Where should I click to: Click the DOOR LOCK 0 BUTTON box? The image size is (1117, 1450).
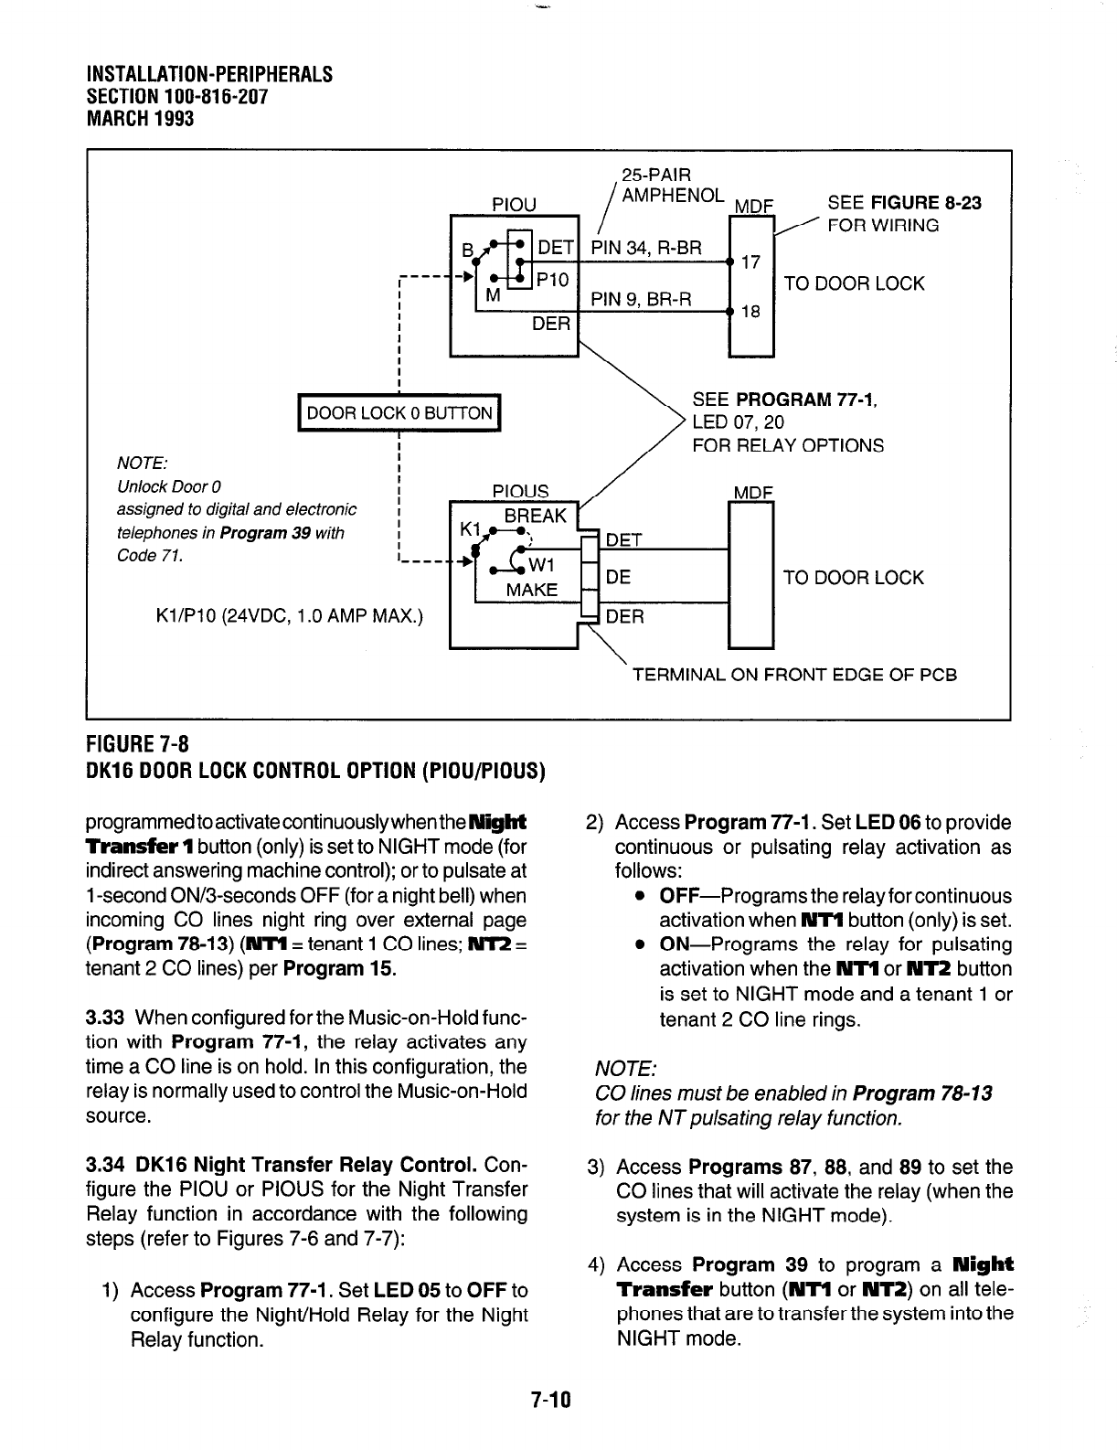pos(399,413)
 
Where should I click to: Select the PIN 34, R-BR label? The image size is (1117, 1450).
pos(647,248)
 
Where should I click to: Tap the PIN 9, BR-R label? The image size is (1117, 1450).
pos(642,298)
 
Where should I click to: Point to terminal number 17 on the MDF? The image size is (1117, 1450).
pos(750,263)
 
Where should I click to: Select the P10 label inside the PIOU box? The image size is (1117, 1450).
pos(552,280)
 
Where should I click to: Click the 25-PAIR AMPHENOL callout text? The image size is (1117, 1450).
pos(672,186)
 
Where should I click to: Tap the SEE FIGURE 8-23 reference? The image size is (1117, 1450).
pos(903,203)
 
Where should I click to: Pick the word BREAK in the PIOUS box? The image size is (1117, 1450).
pos(536,516)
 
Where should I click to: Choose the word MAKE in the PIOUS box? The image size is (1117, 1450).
pos(532,591)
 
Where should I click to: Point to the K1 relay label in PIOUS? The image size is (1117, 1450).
pos(471,529)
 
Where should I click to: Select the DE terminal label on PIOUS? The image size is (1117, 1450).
pos(618,578)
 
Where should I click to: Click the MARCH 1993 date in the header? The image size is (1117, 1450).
pos(140,119)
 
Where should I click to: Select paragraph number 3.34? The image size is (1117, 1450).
pos(105,1166)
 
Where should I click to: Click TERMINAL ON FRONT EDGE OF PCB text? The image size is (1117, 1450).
pos(794,676)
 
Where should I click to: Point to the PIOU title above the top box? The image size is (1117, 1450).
pos(514,204)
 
